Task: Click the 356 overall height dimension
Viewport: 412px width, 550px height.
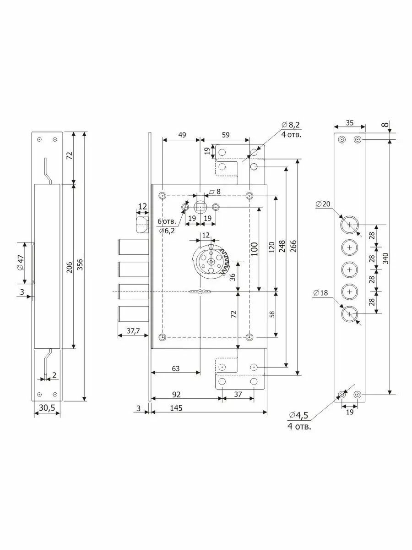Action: coord(81,266)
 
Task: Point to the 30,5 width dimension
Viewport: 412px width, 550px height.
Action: coord(47,407)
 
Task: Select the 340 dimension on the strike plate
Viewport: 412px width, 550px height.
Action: coord(386,258)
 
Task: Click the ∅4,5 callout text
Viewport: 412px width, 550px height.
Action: coord(298,415)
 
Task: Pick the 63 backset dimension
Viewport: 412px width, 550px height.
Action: coord(175,368)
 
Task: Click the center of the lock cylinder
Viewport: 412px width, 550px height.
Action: coord(211,261)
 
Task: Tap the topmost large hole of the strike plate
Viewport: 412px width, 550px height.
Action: coord(350,225)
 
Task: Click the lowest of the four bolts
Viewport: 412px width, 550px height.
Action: coord(134,314)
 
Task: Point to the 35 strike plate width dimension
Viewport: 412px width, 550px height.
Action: coord(349,123)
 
